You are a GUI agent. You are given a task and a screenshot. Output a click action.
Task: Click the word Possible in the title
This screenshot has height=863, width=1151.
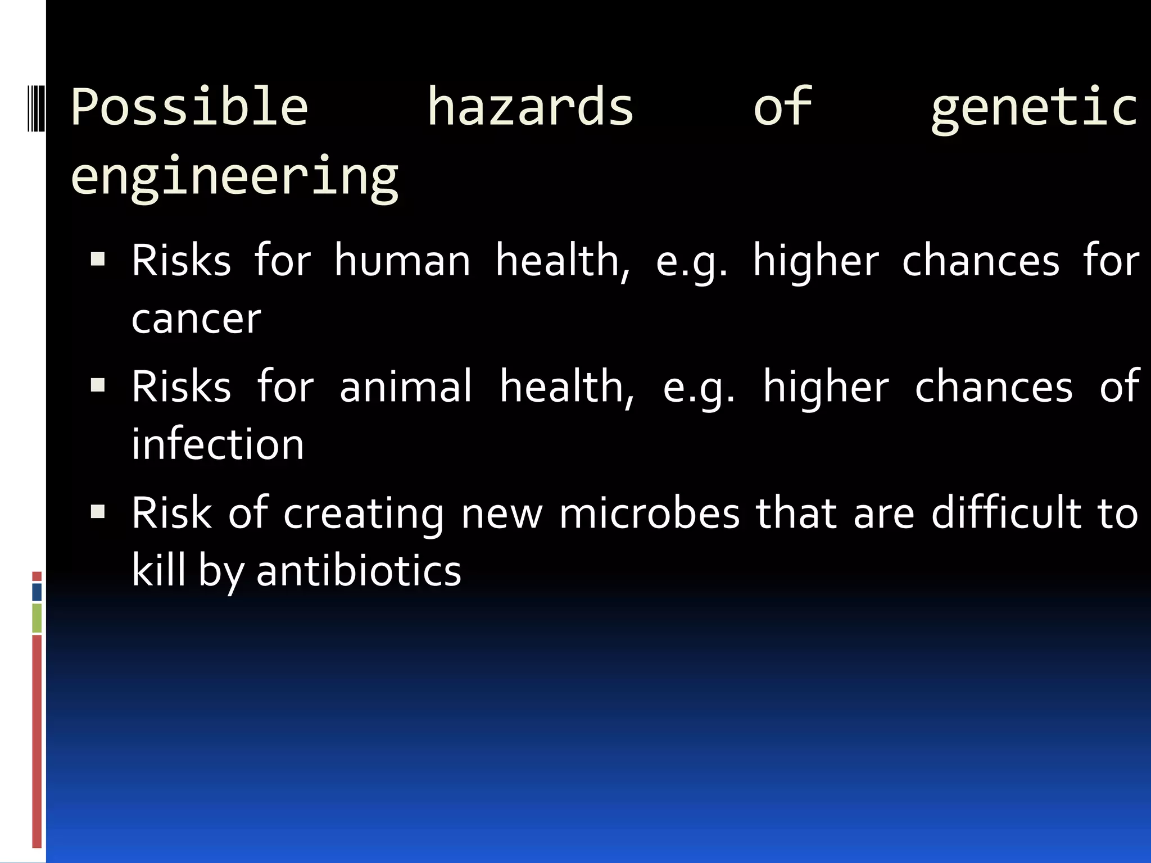click(189, 107)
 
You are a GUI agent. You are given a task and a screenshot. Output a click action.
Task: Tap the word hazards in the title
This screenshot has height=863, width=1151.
click(530, 107)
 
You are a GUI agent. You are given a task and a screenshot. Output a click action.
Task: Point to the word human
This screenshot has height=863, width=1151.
click(402, 261)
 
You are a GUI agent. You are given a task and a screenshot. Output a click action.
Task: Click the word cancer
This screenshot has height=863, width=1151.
click(196, 319)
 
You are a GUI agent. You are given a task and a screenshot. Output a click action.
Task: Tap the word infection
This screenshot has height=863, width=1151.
click(217, 444)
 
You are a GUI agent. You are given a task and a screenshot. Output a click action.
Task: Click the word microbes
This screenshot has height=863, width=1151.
click(650, 514)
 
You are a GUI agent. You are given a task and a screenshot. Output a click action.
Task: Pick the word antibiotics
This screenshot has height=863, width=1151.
click(359, 571)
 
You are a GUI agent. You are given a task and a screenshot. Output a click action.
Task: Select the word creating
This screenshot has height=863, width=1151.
click(363, 515)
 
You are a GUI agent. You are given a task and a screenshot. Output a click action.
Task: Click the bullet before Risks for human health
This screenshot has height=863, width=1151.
click(98, 260)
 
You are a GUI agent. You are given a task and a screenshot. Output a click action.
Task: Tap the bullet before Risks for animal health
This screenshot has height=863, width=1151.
click(98, 385)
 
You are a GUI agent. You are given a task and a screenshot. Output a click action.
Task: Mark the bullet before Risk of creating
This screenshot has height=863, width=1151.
click(98, 512)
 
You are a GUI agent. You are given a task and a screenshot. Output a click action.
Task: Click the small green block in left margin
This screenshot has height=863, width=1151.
click(37, 617)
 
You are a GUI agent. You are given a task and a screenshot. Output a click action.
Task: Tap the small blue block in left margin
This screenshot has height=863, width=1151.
click(37, 592)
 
